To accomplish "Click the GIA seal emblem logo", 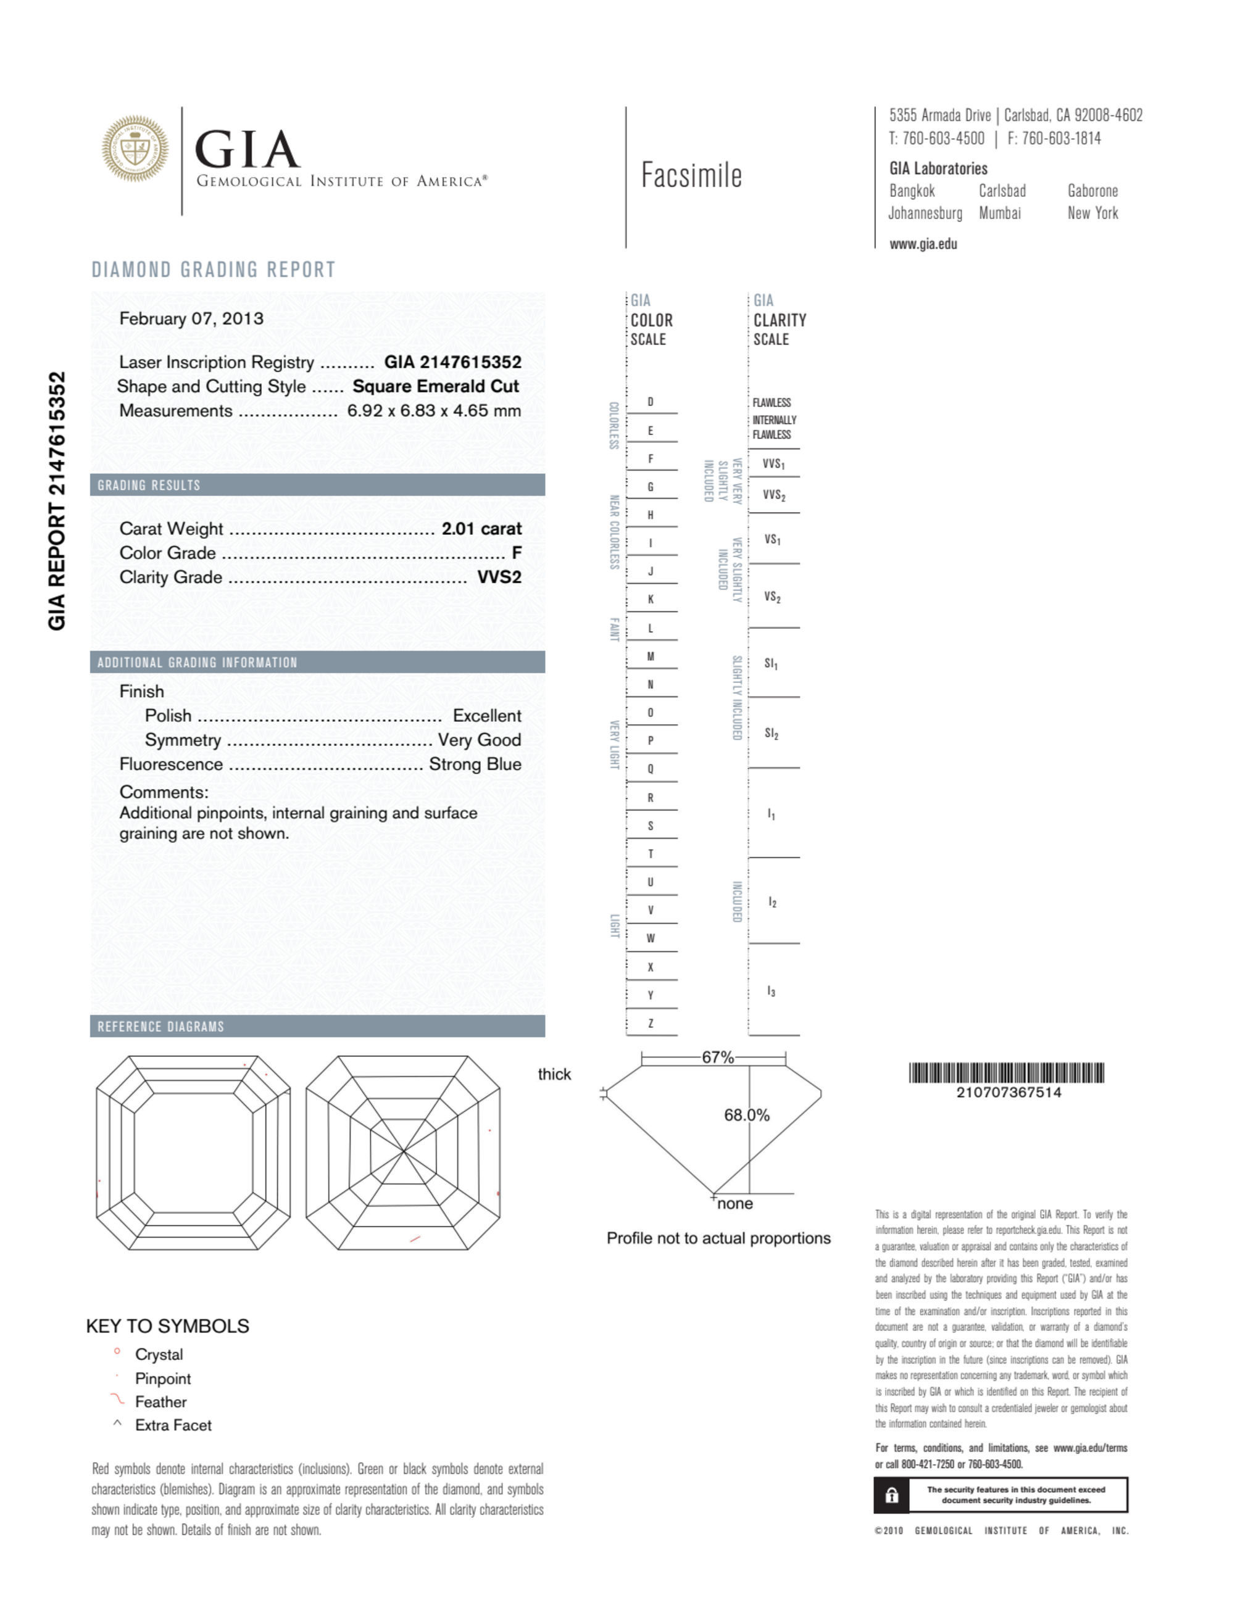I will click(x=135, y=149).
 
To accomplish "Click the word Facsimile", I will click(x=691, y=176).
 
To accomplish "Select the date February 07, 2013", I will click(x=191, y=318).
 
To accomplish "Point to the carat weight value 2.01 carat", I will click(x=481, y=528).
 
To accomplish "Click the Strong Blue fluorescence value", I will click(x=475, y=764).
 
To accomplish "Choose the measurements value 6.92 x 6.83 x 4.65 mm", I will click(x=434, y=410).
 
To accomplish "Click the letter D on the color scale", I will click(x=650, y=402).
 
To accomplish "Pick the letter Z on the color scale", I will click(x=650, y=1023).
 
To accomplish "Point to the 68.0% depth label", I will click(x=747, y=1115).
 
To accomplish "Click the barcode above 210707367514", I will click(x=1007, y=1073).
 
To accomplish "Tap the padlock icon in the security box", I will click(x=892, y=1495).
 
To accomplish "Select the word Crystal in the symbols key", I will click(x=159, y=1354).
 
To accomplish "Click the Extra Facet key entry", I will click(x=173, y=1425).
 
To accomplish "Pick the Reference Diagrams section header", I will click(x=161, y=1026).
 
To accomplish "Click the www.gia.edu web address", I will click(x=923, y=244).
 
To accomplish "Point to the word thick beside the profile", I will click(x=554, y=1074).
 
